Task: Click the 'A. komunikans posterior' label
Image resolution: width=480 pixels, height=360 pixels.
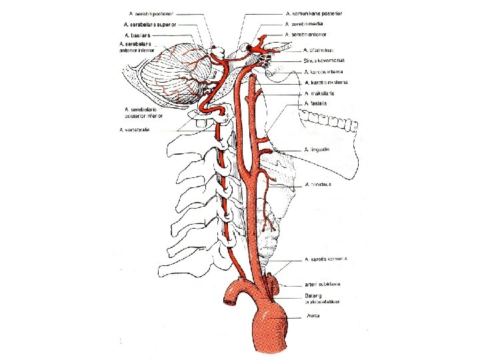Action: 314,13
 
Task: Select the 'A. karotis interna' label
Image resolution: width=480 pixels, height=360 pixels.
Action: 324,72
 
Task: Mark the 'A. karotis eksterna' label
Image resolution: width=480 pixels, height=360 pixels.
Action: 325,83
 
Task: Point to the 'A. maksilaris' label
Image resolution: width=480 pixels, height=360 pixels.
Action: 319,93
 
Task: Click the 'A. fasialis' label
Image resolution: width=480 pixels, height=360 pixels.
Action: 316,104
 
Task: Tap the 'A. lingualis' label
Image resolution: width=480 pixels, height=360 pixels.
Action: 318,149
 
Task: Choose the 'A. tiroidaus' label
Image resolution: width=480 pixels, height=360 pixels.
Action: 318,184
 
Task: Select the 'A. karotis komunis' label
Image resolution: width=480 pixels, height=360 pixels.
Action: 327,259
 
